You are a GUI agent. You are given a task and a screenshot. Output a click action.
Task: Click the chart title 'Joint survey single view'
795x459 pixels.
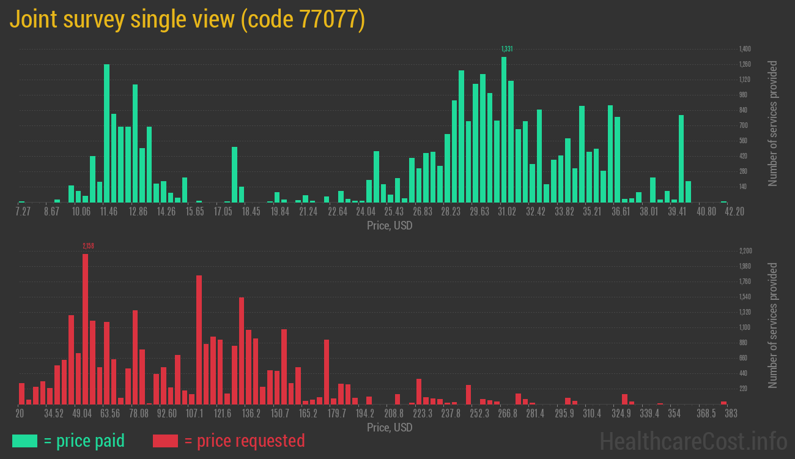[x=122, y=20]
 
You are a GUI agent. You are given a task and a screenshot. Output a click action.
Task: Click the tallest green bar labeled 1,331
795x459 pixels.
[x=504, y=130]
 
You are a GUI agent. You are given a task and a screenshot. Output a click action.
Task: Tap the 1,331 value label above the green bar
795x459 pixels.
[x=506, y=49]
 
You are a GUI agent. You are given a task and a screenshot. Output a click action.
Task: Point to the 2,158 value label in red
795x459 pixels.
[x=88, y=246]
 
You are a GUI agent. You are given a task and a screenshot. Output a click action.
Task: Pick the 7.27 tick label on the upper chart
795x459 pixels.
[x=23, y=212]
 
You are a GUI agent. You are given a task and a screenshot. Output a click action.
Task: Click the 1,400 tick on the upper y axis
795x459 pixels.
[x=745, y=49]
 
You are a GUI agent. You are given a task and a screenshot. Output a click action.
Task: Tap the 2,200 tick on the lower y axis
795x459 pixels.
[x=745, y=251]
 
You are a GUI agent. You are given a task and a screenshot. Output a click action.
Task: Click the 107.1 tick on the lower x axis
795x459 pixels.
[x=195, y=414]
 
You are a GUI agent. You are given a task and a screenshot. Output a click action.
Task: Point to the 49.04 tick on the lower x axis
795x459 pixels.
[x=83, y=414]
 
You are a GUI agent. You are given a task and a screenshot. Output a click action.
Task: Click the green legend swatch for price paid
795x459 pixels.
[x=24, y=441]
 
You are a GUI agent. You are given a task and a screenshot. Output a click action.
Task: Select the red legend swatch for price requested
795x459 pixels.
[x=165, y=441]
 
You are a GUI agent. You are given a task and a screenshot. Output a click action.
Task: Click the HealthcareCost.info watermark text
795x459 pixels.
[x=693, y=441]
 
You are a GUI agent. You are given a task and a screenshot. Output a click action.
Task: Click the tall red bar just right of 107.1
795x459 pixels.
[x=199, y=340]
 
